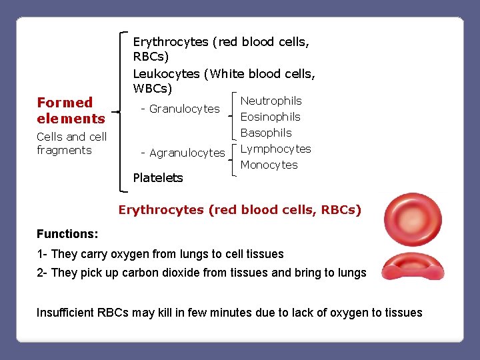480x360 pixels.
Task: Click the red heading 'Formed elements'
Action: [71, 111]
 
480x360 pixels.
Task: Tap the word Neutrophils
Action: [271, 101]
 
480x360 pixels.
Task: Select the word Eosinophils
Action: [270, 117]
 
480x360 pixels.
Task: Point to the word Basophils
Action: [266, 133]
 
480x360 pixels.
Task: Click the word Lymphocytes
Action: [275, 149]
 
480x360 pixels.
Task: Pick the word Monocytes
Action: [269, 165]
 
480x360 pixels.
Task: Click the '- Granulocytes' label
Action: [180, 109]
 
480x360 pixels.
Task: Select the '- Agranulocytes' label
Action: [183, 153]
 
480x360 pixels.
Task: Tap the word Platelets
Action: [158, 177]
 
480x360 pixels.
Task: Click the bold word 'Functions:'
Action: [67, 234]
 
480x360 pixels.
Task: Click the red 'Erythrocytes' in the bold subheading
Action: [161, 210]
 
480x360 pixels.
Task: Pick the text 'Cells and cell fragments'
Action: [71, 143]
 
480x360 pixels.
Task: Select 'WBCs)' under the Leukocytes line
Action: [153, 88]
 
